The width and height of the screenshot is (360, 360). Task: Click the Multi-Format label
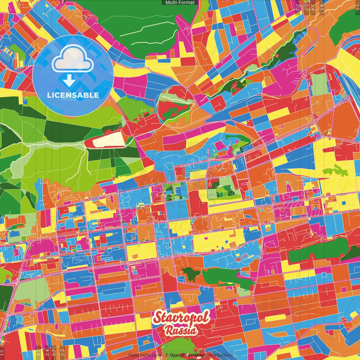coord(180,3)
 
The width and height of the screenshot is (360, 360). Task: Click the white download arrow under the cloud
coord(69,81)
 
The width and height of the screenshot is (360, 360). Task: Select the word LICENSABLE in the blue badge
coord(73,95)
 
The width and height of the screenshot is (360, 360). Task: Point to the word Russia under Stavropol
coord(181,331)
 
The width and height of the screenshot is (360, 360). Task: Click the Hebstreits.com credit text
coord(145,355)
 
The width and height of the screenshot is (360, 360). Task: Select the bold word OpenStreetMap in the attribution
coord(187,355)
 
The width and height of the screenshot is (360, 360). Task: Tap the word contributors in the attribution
coord(219,355)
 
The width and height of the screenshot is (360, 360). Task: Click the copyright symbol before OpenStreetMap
coord(167,355)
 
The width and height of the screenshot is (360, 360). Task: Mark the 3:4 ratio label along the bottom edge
coord(47,352)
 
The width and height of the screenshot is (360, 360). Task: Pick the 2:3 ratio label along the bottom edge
coord(62,352)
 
